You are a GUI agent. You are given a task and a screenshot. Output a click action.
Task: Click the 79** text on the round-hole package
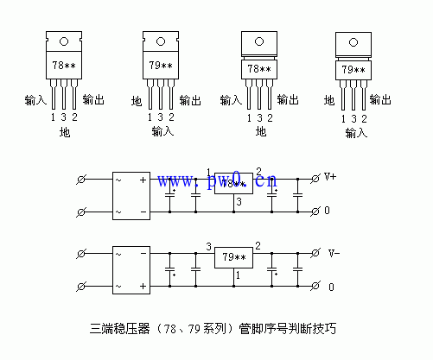161,66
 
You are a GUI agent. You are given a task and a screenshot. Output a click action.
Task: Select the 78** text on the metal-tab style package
259,69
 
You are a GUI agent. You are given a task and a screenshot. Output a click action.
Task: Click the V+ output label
331,177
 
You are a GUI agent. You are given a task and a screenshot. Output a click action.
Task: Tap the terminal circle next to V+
315,178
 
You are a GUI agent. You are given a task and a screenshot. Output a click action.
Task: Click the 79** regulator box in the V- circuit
234,256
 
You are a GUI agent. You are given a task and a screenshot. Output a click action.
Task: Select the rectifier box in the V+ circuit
131,194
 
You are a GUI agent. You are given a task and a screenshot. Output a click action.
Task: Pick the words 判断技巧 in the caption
315,329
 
